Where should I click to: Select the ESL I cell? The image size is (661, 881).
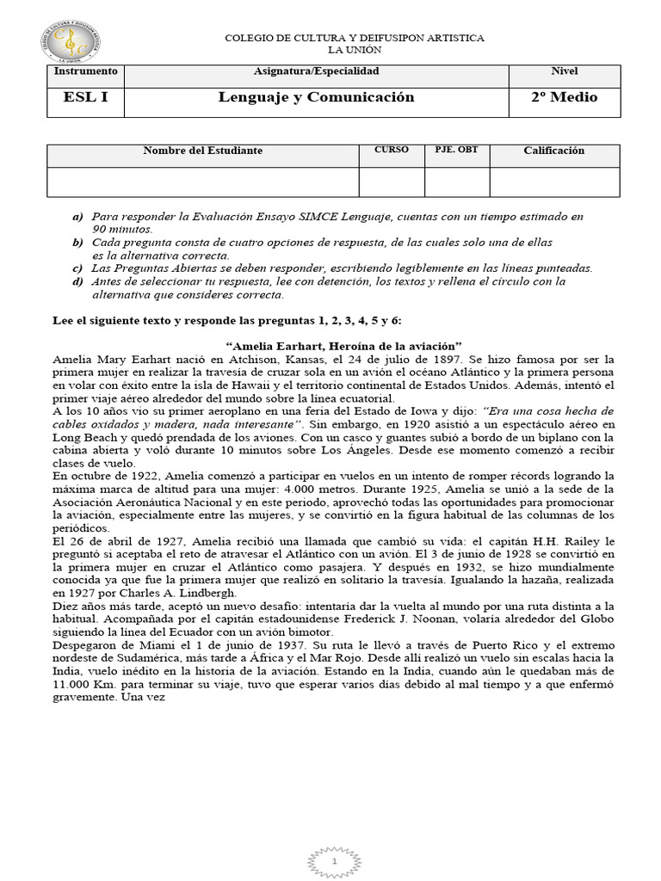[86, 97]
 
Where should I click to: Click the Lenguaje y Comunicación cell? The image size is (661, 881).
[315, 97]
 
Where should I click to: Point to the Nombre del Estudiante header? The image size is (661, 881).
[202, 151]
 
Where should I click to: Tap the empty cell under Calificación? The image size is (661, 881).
[553, 182]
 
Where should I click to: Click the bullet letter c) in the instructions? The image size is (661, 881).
[77, 268]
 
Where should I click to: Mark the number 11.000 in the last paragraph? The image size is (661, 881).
[73, 684]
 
